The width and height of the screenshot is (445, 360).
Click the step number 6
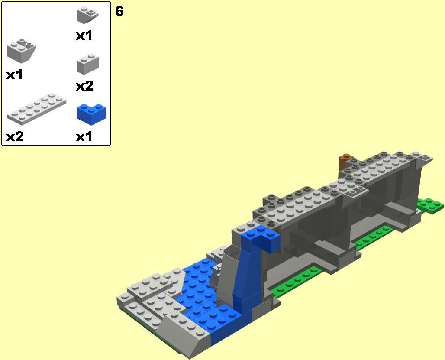(x=119, y=11)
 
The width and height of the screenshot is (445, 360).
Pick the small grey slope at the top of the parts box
(x=87, y=15)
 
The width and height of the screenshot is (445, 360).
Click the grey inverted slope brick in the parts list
(x=21, y=51)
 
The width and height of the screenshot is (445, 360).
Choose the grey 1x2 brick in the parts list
(x=88, y=65)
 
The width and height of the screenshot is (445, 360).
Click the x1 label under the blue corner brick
(x=84, y=137)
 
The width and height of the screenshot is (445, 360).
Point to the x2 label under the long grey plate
(x=15, y=137)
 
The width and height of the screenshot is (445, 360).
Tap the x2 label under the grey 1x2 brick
(x=84, y=86)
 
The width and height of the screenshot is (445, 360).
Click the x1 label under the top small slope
(x=84, y=36)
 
